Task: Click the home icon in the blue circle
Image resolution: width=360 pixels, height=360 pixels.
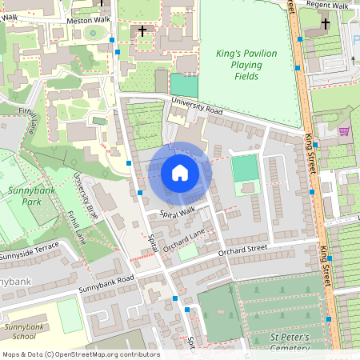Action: click(x=180, y=173)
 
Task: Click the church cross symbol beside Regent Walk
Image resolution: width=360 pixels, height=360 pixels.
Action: click(x=325, y=24)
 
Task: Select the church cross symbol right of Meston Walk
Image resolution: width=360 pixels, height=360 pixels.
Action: click(x=142, y=31)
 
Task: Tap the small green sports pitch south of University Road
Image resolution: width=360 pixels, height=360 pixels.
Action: click(x=244, y=169)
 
